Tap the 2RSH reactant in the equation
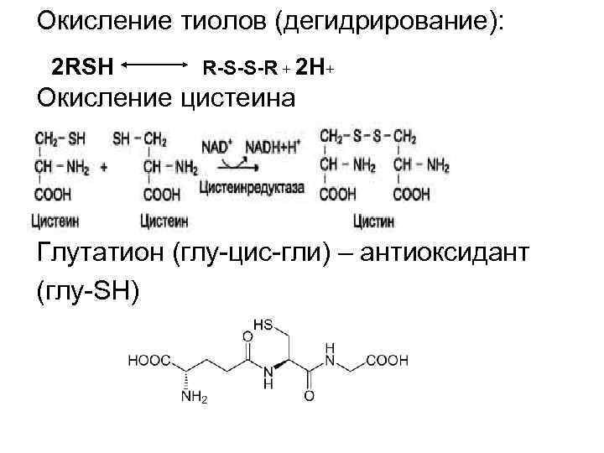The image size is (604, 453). pyautogui.click(x=83, y=65)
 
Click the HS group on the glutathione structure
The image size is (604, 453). pyautogui.click(x=264, y=324)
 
